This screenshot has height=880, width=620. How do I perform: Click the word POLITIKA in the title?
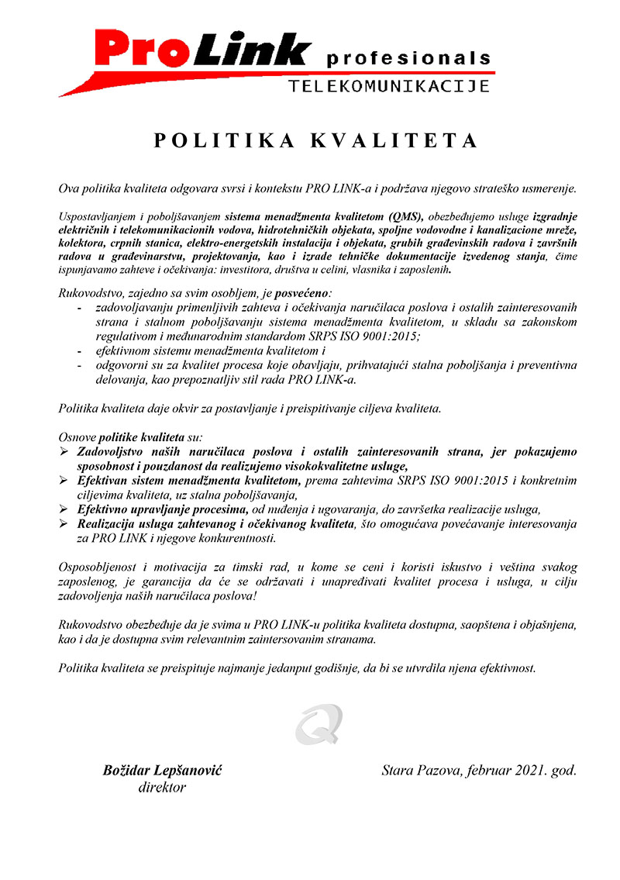pos(219,140)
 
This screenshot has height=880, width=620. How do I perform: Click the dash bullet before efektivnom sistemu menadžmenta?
pos(80,350)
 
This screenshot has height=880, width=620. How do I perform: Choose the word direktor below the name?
pos(162,787)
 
